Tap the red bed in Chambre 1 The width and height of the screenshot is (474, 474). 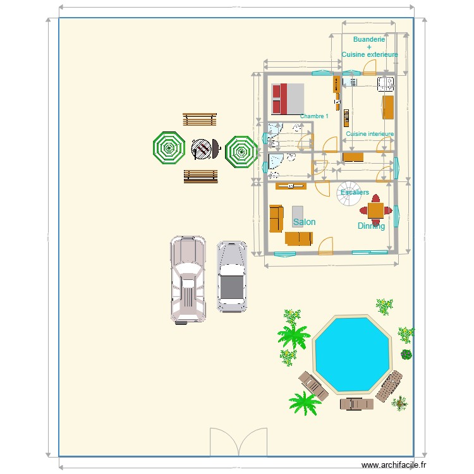[287, 99]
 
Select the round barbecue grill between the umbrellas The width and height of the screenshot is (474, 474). [202, 149]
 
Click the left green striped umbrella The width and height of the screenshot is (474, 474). [169, 149]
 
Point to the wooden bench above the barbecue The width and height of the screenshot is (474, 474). [200, 119]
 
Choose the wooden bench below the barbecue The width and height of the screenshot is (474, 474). [200, 176]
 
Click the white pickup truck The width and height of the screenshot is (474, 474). [188, 279]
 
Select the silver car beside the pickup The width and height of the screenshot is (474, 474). [232, 277]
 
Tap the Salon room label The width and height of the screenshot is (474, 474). [304, 222]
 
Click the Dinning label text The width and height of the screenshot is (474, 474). [371, 226]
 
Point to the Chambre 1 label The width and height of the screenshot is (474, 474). [314, 116]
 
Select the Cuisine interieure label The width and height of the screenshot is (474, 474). [370, 134]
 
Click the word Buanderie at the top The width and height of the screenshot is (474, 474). [369, 39]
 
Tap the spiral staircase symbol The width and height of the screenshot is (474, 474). [348, 199]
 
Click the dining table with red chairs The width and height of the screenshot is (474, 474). [375, 210]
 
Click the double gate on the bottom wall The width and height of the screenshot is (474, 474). [238, 442]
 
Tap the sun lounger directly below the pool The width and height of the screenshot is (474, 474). [357, 403]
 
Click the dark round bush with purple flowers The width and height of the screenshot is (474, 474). [406, 355]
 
